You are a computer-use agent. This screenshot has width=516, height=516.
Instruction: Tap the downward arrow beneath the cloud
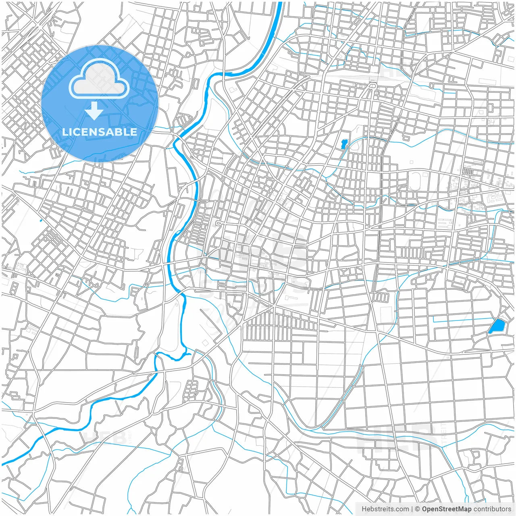coord(94,111)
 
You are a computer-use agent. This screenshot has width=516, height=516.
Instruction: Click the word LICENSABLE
coord(100,132)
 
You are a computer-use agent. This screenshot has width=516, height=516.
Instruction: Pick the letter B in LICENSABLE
coord(121,132)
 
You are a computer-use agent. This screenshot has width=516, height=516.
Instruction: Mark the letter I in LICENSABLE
coord(71,132)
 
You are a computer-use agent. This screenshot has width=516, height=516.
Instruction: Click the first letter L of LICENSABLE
coord(65,132)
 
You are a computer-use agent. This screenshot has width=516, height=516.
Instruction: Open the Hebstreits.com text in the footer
coord(385,509)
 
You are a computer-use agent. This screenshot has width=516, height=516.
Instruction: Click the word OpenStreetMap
coord(447,509)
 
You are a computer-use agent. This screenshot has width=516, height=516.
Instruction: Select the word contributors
coord(492,509)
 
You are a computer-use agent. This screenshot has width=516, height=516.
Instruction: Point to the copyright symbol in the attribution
coord(418,509)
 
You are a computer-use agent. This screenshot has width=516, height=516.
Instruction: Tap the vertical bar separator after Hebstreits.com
coord(412,509)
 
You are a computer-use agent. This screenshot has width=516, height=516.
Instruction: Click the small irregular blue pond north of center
coord(344,144)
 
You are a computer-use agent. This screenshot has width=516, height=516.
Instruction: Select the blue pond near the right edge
coord(496,327)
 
